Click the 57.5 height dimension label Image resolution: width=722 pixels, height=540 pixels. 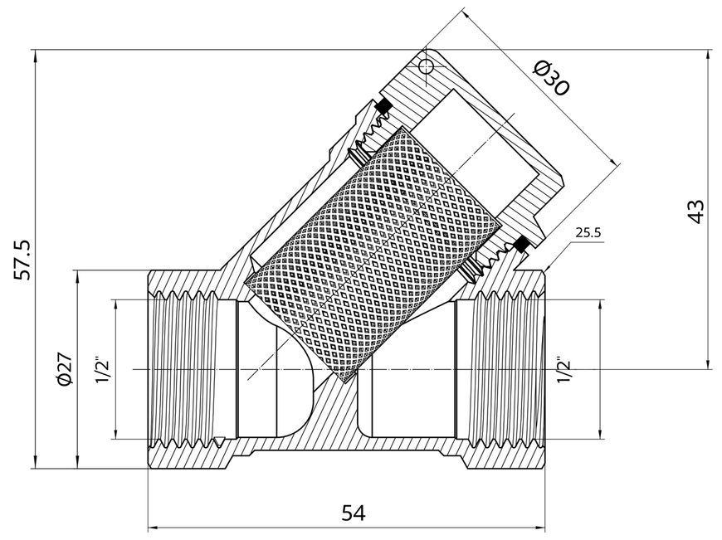click(22, 259)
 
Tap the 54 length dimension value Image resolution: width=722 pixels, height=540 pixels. click(354, 513)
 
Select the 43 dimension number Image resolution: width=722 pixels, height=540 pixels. click(695, 212)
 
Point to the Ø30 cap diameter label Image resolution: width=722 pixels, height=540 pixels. click(552, 78)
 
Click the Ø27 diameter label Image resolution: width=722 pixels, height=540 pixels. click(64, 368)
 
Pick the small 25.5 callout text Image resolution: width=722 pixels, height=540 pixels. click(588, 232)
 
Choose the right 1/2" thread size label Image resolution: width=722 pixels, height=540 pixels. click(563, 369)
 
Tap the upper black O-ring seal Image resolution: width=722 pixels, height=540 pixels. click(383, 106)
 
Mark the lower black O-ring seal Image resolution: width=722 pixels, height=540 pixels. click(520, 244)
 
